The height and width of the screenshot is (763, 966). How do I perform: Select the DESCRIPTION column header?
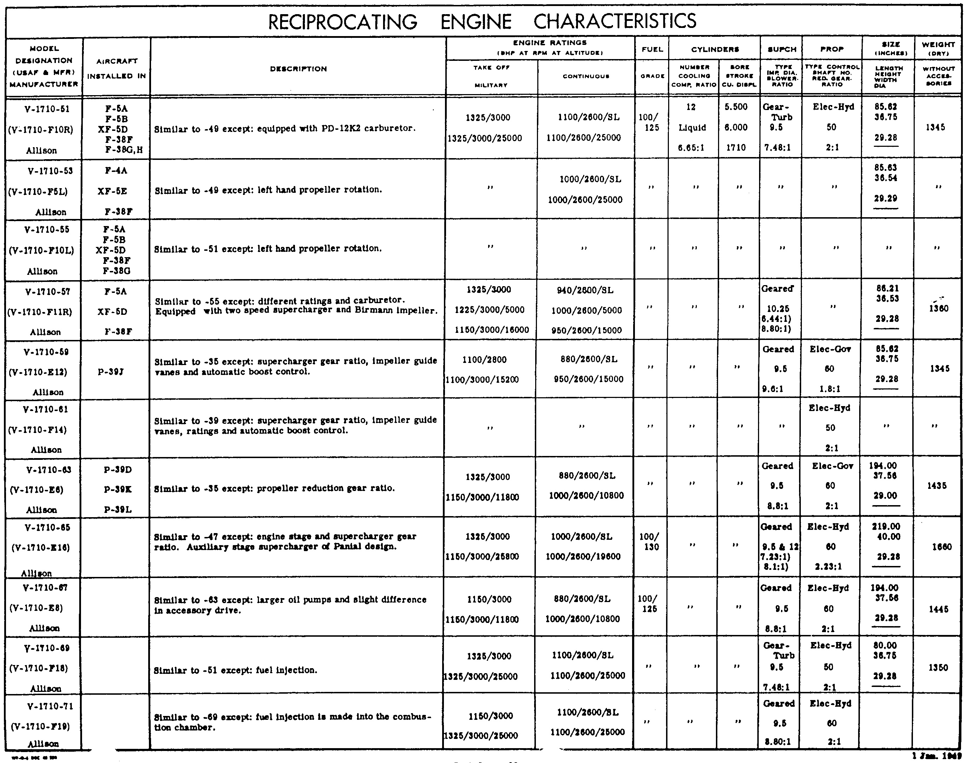(298, 69)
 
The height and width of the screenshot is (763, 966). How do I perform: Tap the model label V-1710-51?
(47, 109)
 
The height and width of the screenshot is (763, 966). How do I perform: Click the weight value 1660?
(942, 547)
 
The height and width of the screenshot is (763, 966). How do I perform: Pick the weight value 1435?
(937, 486)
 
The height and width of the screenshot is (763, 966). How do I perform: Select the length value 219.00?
(886, 527)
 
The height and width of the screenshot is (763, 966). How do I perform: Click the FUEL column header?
(652, 49)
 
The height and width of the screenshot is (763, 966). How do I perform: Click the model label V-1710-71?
(50, 706)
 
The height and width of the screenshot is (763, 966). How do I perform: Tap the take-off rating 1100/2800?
(485, 360)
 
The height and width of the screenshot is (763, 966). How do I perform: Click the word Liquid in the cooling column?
(692, 128)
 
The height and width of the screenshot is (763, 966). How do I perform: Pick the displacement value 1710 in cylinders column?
(735, 148)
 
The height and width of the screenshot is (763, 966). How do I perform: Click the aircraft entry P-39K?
(117, 489)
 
